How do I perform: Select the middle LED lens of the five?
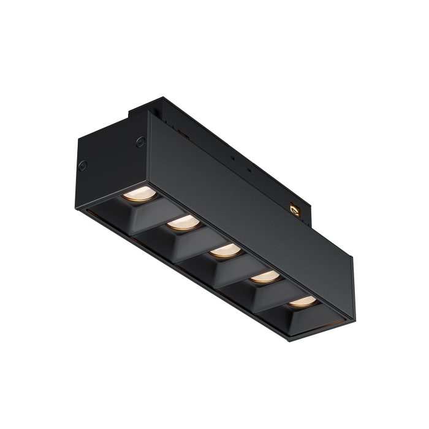pyautogui.click(x=224, y=250)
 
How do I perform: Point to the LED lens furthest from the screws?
pyautogui.click(x=302, y=301)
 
